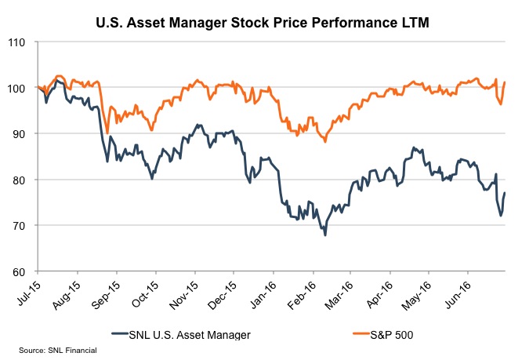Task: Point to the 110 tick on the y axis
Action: [x=21, y=42]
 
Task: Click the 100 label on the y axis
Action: [x=21, y=88]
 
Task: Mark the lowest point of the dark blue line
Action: [x=324, y=235]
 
